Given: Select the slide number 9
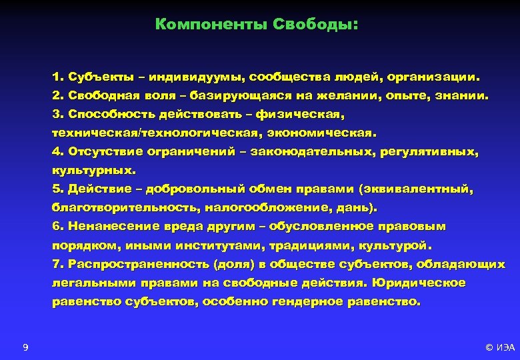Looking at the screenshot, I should click(x=25, y=347).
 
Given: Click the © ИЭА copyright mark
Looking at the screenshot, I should click(x=500, y=347).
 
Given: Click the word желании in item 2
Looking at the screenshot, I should click(x=345, y=96).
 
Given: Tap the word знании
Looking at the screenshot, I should click(x=463, y=96).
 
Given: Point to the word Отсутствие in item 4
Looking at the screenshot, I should click(x=105, y=152).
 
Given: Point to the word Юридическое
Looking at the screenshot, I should click(x=419, y=283).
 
